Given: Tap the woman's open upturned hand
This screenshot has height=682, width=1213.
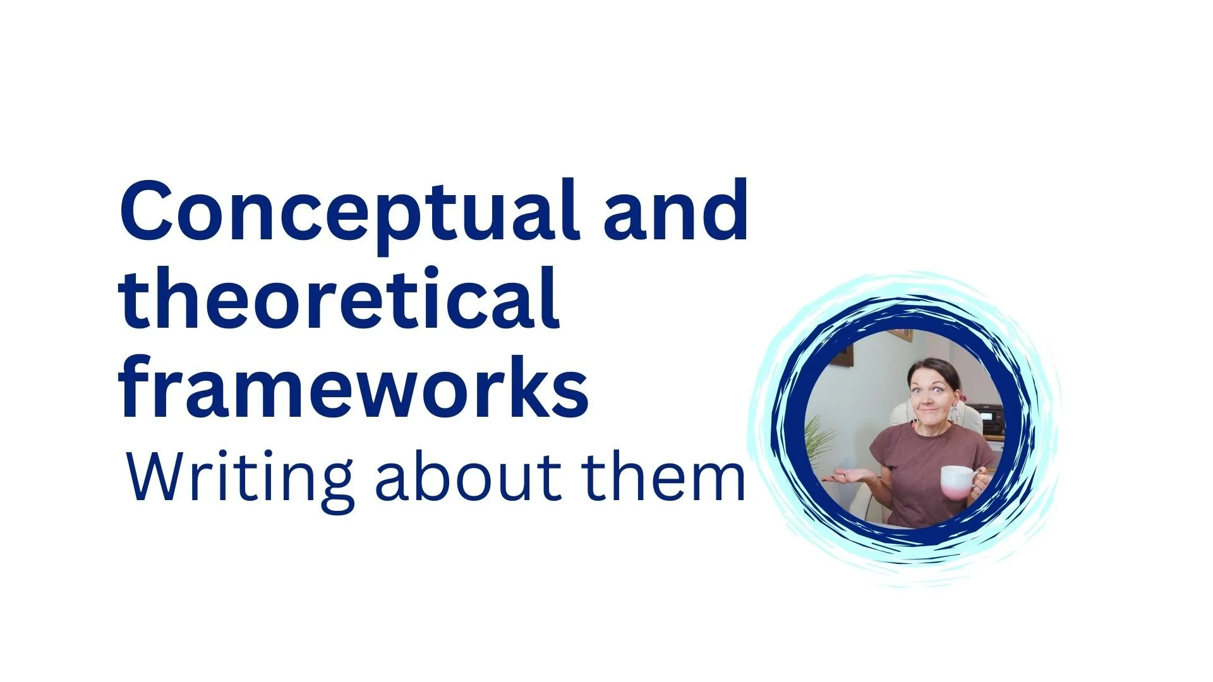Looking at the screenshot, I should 847,477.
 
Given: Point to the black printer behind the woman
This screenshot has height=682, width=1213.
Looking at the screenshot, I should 986,420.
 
